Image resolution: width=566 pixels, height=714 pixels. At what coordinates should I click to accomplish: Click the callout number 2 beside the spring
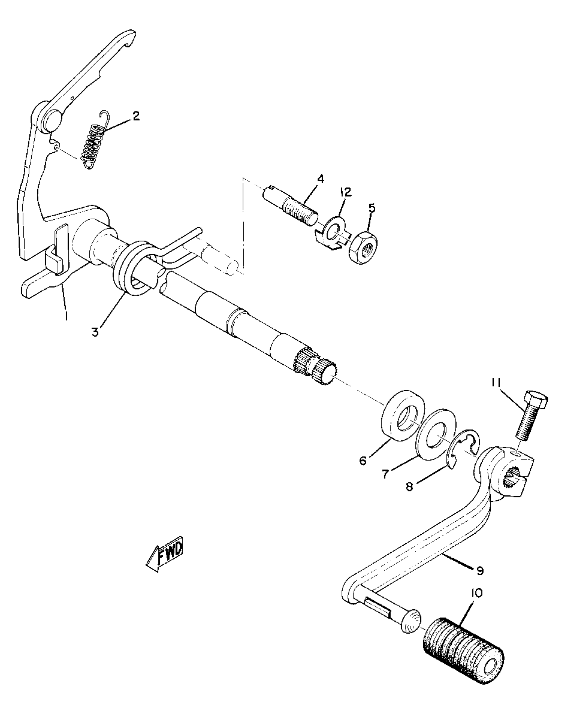[x=136, y=116]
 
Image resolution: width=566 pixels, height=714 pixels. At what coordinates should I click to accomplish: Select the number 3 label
[x=96, y=332]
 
